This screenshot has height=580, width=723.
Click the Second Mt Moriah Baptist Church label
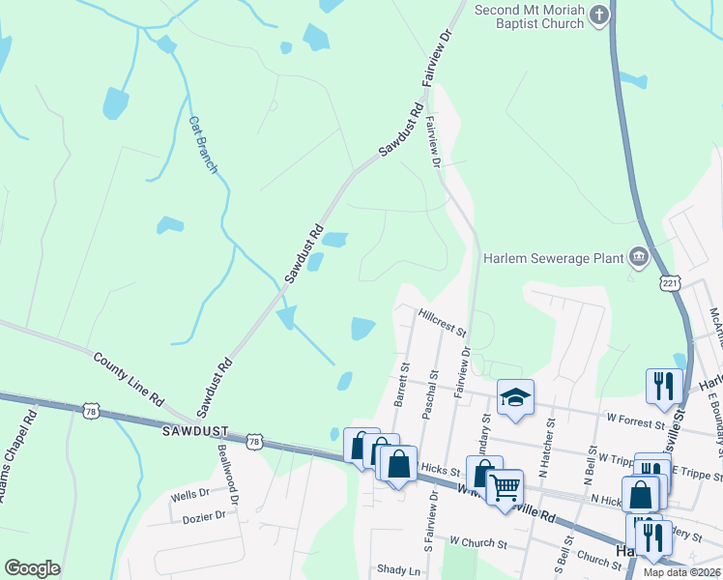(530, 15)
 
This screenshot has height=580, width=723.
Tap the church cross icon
(599, 14)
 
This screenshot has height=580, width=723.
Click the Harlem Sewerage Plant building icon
(637, 256)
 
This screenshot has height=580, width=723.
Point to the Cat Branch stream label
(203, 145)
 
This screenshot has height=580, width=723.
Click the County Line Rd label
(130, 379)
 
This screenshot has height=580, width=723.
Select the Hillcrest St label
(443, 322)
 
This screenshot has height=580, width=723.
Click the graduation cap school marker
(515, 396)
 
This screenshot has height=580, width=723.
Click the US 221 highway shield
(672, 282)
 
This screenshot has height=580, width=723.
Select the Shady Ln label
(400, 570)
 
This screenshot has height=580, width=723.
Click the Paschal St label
(431, 388)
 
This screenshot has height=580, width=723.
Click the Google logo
(32, 568)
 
